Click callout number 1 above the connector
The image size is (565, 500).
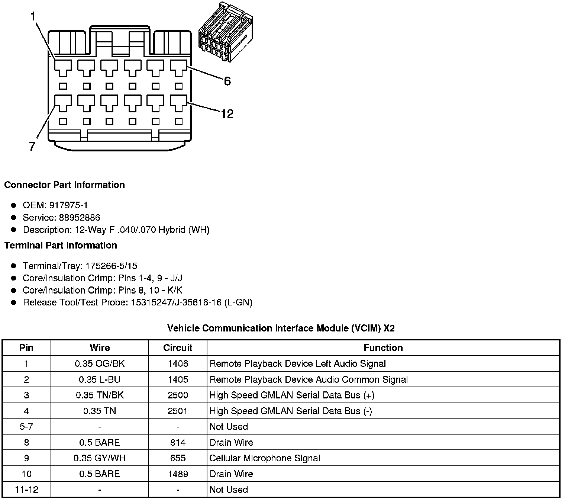33,17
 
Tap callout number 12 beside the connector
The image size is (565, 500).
227,113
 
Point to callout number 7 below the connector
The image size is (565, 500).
32,146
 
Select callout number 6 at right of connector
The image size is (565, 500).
227,81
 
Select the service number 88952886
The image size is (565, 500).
80,217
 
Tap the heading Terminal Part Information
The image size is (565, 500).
61,246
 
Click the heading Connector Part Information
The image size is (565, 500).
64,185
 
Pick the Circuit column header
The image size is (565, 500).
178,348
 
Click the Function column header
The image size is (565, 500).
383,348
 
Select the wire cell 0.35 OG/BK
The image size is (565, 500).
100,364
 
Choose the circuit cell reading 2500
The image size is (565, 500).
178,395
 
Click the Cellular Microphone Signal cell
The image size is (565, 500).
265,458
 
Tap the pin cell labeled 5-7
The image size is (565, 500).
26,427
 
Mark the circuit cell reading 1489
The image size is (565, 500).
178,474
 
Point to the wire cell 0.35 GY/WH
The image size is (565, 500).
100,458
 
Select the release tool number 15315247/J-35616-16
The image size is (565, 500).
177,302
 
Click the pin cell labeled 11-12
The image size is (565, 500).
26,490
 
